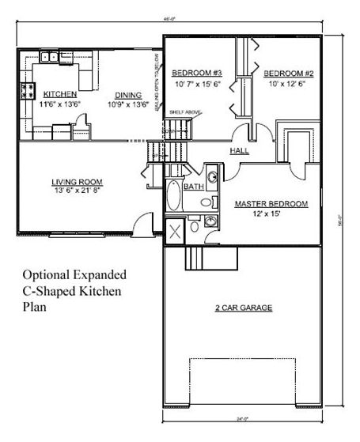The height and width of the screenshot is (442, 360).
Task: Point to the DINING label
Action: click(x=127, y=93)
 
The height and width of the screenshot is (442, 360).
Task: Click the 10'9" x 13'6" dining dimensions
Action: click(x=128, y=104)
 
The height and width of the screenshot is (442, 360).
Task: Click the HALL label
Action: click(x=241, y=150)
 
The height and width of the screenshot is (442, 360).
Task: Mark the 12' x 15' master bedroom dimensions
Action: click(x=269, y=213)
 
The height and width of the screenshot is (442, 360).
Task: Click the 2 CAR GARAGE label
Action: click(x=244, y=307)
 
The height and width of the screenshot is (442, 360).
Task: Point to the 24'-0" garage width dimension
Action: click(x=244, y=420)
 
